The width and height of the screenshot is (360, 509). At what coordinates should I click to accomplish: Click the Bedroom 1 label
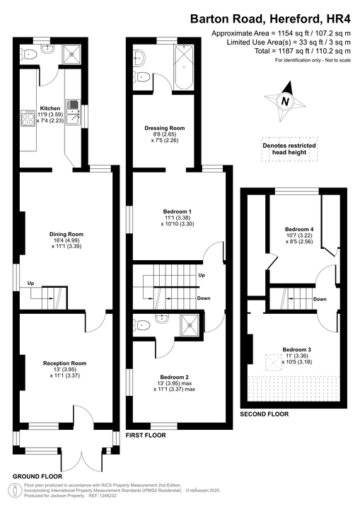pos(178,212)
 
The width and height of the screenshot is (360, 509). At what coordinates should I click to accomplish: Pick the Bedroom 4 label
pos(299,229)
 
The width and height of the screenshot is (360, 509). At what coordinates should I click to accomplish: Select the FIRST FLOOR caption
pos(146,435)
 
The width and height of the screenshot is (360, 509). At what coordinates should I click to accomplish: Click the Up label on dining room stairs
pos(30,283)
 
